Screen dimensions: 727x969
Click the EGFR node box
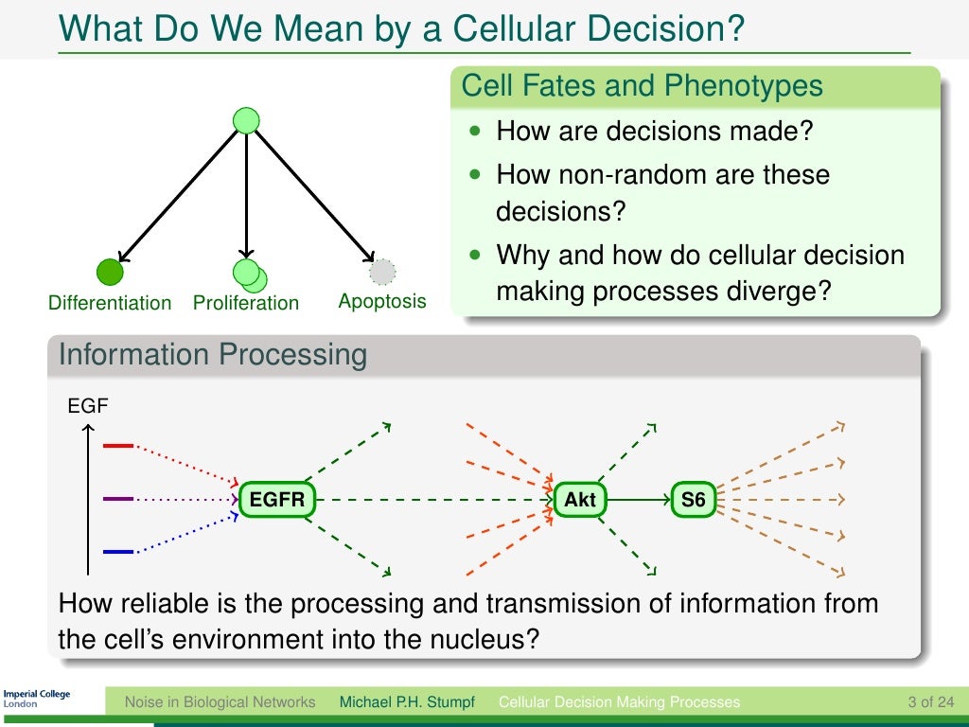(276, 499)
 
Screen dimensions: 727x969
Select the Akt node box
(579, 499)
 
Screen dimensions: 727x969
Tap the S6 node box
(694, 499)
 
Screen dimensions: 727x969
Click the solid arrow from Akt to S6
(638, 499)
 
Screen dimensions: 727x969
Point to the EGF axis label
(88, 408)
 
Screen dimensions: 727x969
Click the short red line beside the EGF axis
(118, 445)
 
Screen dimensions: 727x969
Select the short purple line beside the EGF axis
(118, 499)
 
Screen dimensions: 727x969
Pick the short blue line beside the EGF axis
(118, 551)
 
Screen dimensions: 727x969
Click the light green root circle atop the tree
(246, 120)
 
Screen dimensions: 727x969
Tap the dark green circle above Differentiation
(110, 272)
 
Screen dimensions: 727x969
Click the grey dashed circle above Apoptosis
(382, 273)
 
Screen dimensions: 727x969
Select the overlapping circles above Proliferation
(250, 275)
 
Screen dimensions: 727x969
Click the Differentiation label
(110, 303)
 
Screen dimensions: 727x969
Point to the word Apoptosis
(382, 302)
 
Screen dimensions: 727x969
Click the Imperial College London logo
(37, 699)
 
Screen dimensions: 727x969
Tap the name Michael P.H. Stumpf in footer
(406, 702)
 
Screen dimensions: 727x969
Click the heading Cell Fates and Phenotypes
(642, 86)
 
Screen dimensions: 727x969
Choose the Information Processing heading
(213, 355)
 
